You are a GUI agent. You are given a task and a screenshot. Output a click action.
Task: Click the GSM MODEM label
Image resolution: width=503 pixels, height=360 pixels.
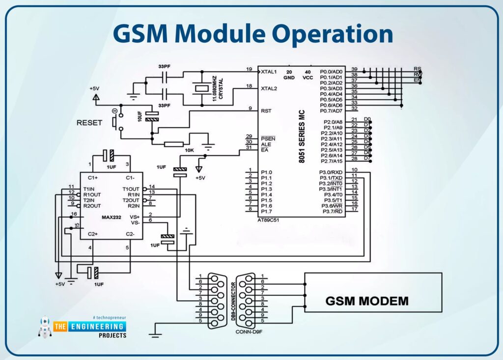point(367,300)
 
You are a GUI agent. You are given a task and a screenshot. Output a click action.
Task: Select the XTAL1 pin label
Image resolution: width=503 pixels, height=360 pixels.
point(269,71)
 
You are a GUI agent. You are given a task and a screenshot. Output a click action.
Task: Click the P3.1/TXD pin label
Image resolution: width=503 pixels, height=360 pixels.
point(331,178)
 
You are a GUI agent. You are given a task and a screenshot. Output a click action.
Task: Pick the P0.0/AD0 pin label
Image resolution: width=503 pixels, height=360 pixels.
point(331,71)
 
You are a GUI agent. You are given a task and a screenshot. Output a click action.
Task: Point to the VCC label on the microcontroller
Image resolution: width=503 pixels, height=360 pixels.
point(308,78)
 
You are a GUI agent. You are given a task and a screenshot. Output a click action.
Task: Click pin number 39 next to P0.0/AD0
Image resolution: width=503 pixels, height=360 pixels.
point(354,69)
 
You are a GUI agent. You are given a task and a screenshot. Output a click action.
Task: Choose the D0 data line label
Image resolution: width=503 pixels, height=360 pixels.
point(367,119)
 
